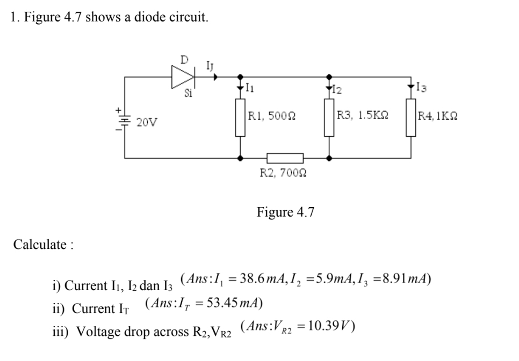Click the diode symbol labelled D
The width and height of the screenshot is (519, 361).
click(x=183, y=77)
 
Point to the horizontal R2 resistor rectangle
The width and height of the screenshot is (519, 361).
click(x=285, y=158)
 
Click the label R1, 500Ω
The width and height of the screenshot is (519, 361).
click(x=273, y=115)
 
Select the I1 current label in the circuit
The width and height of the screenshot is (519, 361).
click(x=251, y=87)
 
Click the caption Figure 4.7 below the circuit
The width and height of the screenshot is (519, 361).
click(x=285, y=212)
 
